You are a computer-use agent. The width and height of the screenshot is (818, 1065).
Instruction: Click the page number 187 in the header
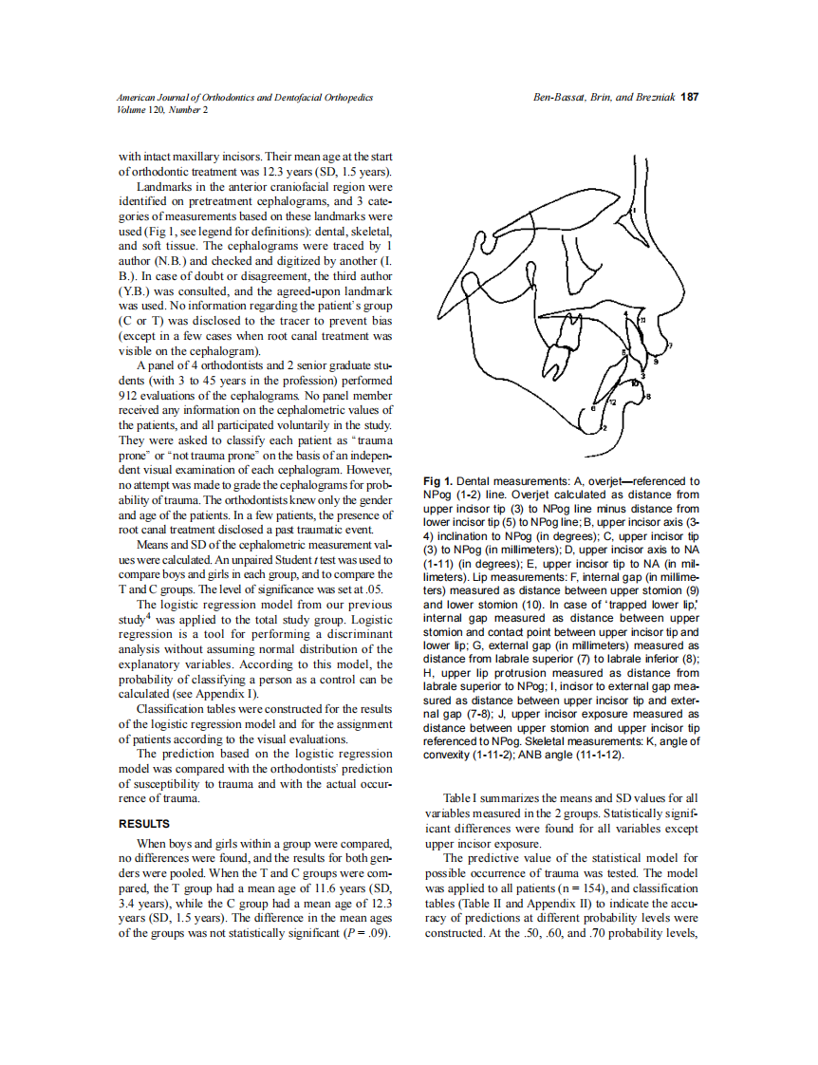[691, 97]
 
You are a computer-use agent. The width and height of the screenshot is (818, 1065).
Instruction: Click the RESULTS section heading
[143, 824]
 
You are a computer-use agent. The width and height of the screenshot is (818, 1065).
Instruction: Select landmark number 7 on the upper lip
[670, 346]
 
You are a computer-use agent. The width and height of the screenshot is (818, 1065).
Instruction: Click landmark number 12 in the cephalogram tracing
[612, 402]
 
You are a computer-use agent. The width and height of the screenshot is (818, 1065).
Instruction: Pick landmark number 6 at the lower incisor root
[593, 408]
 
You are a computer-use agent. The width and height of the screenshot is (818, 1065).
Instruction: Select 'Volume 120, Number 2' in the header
[161, 109]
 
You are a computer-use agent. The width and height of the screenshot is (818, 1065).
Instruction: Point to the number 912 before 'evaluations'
[129, 394]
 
